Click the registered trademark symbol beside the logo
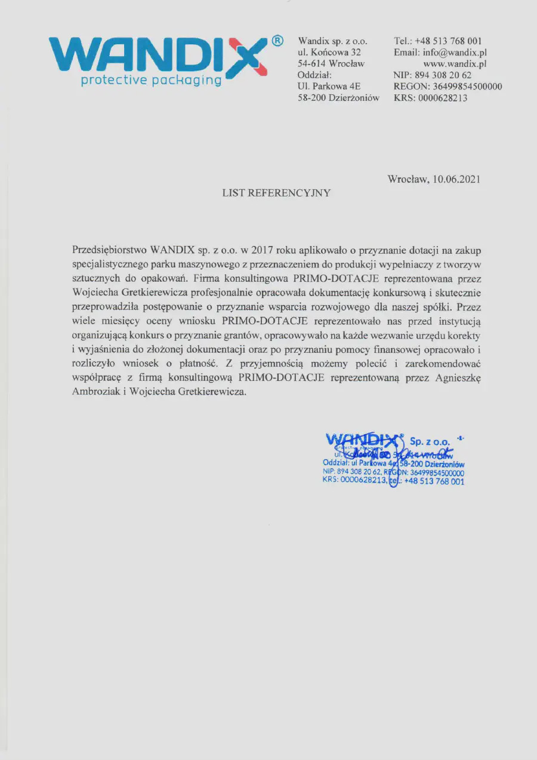[277, 41]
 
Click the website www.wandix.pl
[455, 63]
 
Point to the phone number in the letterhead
[448, 41]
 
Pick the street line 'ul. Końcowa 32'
[329, 52]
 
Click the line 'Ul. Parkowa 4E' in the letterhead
[329, 87]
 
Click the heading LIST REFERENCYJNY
[276, 193]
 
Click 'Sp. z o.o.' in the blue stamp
[430, 441]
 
